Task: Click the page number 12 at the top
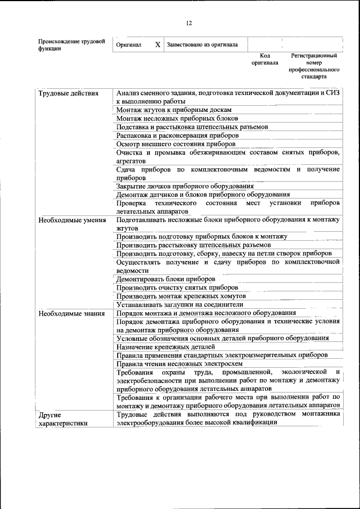189,23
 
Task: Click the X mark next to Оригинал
157,44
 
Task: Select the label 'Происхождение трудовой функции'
71,45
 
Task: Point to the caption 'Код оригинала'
265,60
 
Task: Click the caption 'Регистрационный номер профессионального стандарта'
314,66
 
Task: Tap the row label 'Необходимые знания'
71,313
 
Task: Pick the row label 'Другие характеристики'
62,419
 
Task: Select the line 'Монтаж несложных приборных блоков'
177,119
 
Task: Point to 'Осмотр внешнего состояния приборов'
175,144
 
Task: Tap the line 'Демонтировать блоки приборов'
165,279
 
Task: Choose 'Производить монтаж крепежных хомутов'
181,296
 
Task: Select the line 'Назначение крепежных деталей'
167,346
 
